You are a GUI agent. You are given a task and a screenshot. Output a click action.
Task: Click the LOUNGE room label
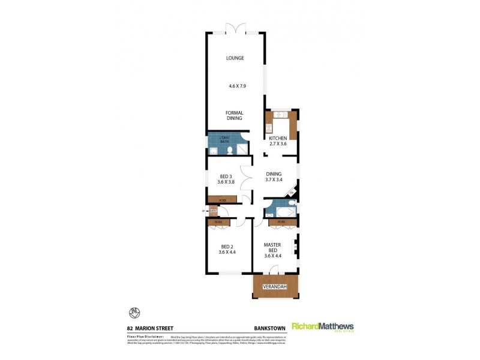tap(235, 58)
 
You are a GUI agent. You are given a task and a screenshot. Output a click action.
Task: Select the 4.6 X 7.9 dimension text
tap(238, 86)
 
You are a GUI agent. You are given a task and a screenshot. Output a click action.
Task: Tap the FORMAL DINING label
tap(234, 115)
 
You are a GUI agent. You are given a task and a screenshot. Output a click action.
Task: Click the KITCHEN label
tap(278, 139)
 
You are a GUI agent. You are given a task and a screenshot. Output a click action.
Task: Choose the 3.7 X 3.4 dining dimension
tap(274, 179)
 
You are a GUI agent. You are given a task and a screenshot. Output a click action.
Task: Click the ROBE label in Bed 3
tap(221, 199)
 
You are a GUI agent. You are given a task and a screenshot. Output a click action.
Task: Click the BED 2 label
tap(227, 248)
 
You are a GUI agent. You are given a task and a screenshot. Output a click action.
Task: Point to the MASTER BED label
tap(272, 248)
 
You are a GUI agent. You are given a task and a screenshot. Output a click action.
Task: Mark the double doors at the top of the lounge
tap(235, 28)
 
